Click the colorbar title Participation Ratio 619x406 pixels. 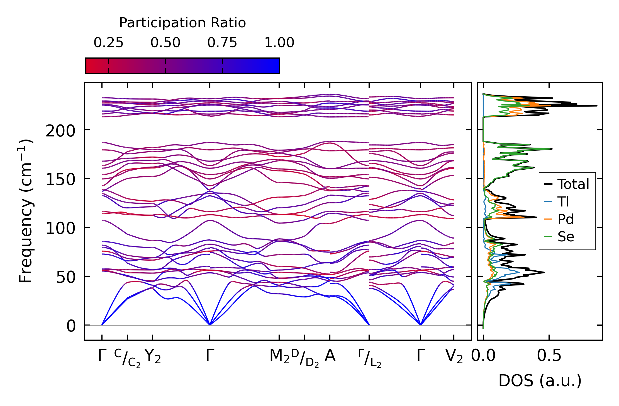point(182,23)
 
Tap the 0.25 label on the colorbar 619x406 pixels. point(108,43)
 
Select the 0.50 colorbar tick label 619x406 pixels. point(165,43)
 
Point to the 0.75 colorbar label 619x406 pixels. point(222,43)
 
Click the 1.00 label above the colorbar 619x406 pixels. point(279,43)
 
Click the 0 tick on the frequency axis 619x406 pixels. point(71,326)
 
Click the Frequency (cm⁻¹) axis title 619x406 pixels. point(26,211)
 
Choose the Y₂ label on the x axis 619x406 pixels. point(153,356)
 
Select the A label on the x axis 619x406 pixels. point(330,356)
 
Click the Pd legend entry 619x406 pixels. point(566,219)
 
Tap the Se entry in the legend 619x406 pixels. point(566,237)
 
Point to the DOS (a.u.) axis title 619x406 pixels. point(540,381)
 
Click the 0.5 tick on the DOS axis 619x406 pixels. point(549,356)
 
